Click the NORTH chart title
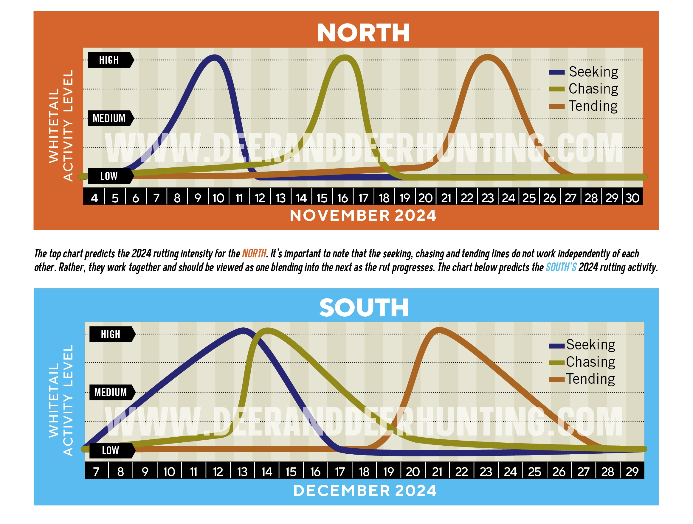[363, 33]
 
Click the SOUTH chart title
[364, 308]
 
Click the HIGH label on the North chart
[109, 60]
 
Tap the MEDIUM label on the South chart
[111, 393]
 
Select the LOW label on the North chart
[109, 176]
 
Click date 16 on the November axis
[342, 198]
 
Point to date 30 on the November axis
[632, 198]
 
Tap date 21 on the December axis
[437, 472]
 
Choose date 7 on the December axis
[97, 472]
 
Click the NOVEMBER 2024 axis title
[363, 216]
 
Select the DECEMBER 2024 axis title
[365, 491]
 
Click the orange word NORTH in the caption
[254, 253]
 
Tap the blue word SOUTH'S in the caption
[561, 267]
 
